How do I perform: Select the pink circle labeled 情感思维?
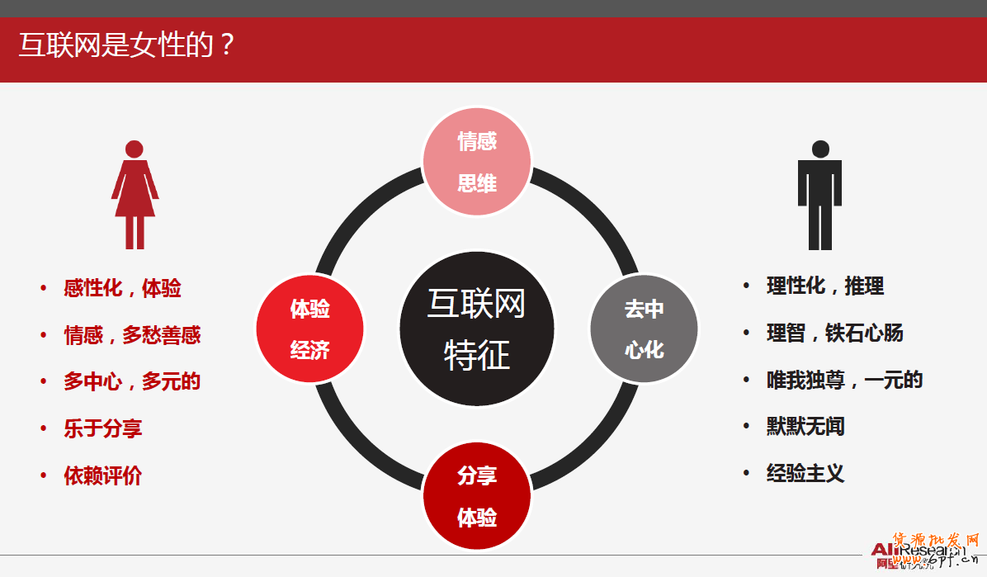[x=477, y=162]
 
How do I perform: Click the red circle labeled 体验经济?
[x=310, y=329]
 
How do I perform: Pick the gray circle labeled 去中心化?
[x=644, y=329]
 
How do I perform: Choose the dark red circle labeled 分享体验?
[x=477, y=496]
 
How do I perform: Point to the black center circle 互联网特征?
[x=477, y=329]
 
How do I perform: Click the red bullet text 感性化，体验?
[x=122, y=288]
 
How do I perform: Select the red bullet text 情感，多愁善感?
[x=132, y=335]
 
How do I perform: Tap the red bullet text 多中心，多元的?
[x=132, y=381]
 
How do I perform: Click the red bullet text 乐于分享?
[x=103, y=428]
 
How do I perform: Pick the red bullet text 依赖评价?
[x=103, y=475]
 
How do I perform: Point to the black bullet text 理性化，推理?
[x=825, y=286]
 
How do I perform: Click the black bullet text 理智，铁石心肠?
[x=834, y=333]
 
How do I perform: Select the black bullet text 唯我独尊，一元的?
[x=844, y=380]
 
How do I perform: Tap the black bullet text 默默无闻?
[x=805, y=427]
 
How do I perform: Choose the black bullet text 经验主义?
[x=805, y=473]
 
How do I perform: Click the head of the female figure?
[x=135, y=149]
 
